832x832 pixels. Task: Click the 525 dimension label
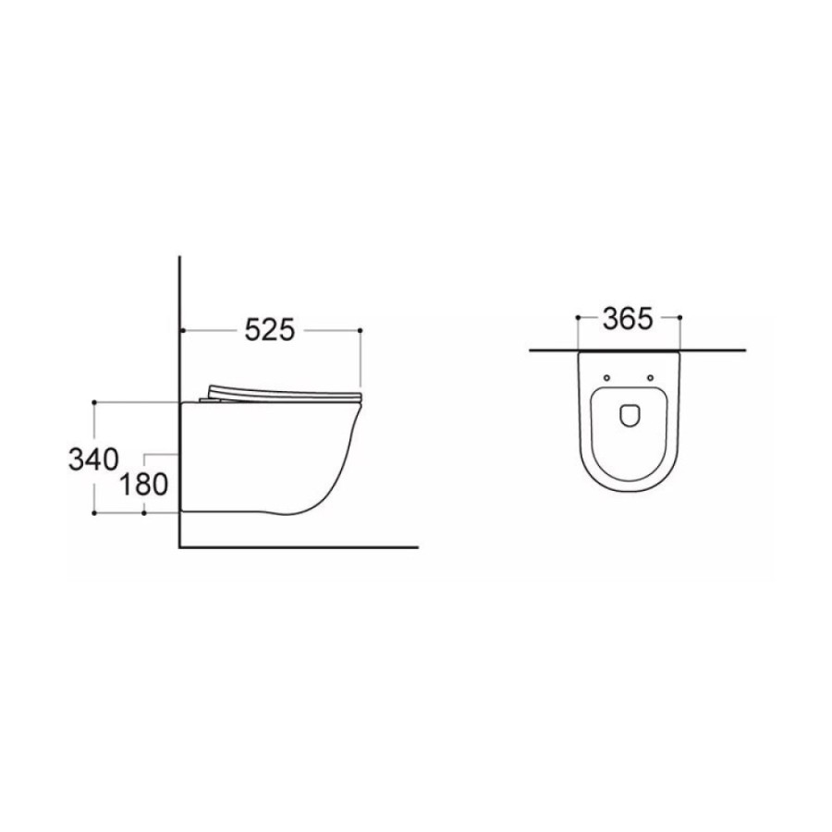(x=269, y=331)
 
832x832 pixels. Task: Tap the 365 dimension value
(x=627, y=319)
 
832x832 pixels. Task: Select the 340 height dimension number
(x=93, y=459)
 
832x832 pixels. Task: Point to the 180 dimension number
(x=143, y=484)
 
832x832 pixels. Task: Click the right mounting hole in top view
(x=650, y=378)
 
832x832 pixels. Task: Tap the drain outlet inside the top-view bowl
(x=629, y=416)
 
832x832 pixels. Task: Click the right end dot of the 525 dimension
(x=361, y=331)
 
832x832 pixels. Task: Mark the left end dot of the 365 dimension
(x=577, y=317)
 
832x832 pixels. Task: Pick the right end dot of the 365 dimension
(x=680, y=317)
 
